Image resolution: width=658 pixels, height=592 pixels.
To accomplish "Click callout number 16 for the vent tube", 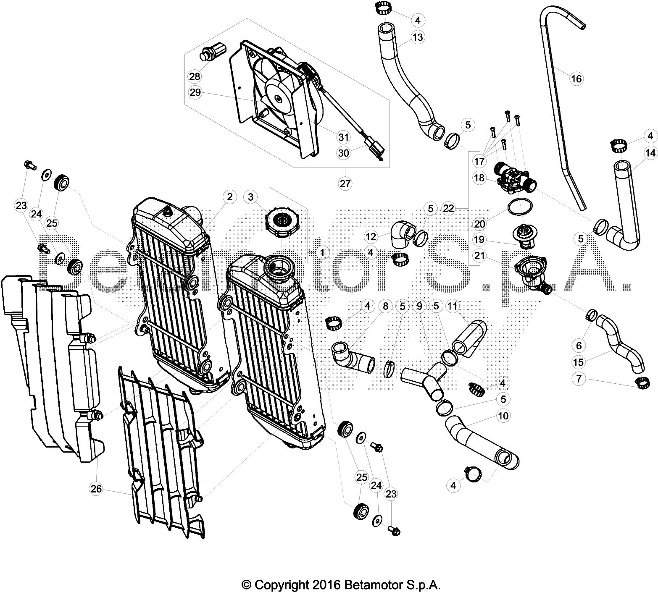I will click(576, 79).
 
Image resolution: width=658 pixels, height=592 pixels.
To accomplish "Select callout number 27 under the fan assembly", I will click(345, 183).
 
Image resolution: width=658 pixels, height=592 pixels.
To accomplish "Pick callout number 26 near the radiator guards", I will click(96, 488).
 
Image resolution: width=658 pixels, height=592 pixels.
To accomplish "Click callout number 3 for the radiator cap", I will click(251, 196).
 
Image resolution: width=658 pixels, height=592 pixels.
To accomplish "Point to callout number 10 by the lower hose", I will click(503, 416).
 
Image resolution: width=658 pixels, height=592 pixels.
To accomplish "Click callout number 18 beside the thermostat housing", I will click(479, 178).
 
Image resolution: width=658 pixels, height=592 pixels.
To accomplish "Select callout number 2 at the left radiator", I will click(229, 196).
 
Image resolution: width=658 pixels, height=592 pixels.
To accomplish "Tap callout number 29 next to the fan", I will click(195, 93).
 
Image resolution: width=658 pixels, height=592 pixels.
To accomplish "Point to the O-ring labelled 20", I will click(520, 207).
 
